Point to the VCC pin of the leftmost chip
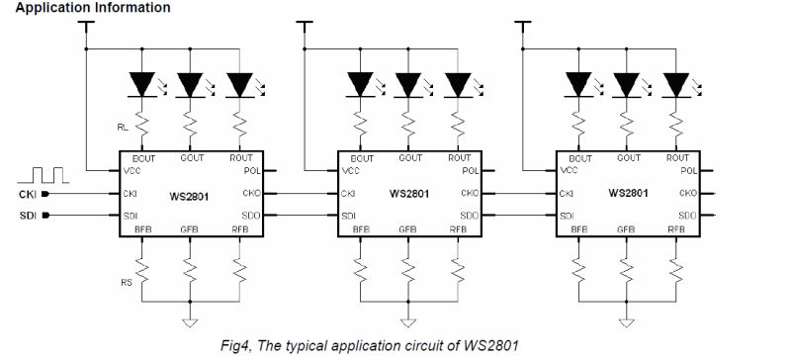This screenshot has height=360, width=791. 131,170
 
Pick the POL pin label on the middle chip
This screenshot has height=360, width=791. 469,170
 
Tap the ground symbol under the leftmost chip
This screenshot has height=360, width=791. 189,320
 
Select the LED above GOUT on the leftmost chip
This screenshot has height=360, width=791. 189,85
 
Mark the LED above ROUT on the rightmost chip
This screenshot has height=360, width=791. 675,85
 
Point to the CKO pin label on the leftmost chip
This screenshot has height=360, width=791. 249,194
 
